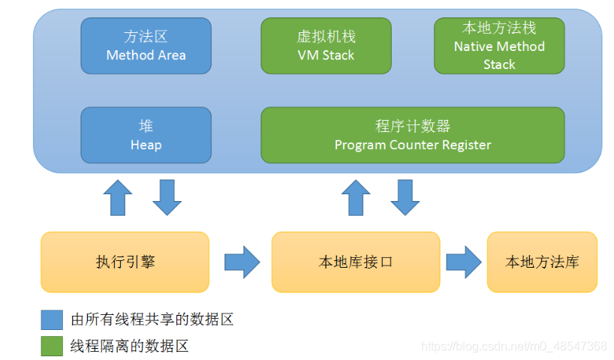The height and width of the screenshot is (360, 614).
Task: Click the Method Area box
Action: click(146, 46)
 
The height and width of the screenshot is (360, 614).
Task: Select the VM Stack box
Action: click(326, 46)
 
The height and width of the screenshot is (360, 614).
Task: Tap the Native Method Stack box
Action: click(499, 46)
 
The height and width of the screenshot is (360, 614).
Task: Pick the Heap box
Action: click(146, 135)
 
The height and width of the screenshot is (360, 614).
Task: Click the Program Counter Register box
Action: click(412, 135)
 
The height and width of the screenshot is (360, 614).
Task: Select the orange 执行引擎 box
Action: click(125, 262)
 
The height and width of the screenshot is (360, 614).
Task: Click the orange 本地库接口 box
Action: click(356, 262)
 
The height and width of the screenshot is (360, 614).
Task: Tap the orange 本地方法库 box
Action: click(542, 262)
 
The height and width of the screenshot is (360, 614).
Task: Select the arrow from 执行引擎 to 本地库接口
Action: click(242, 262)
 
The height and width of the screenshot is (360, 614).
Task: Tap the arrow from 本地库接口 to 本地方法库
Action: click(463, 262)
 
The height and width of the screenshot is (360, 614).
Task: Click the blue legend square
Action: click(52, 319)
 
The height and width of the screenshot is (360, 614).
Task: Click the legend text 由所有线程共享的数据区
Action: click(152, 319)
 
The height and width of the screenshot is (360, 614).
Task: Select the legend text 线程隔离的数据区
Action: click(129, 346)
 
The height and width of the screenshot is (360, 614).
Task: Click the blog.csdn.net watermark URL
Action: click(514, 346)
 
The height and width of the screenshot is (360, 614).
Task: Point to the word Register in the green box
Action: click(465, 145)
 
